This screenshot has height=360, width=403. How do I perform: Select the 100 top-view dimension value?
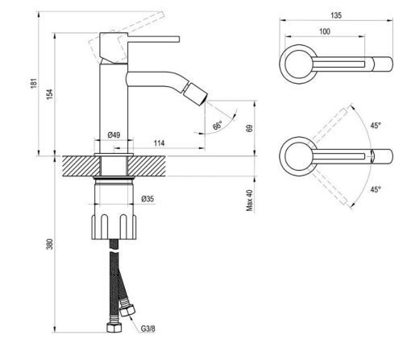[x=323, y=31]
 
